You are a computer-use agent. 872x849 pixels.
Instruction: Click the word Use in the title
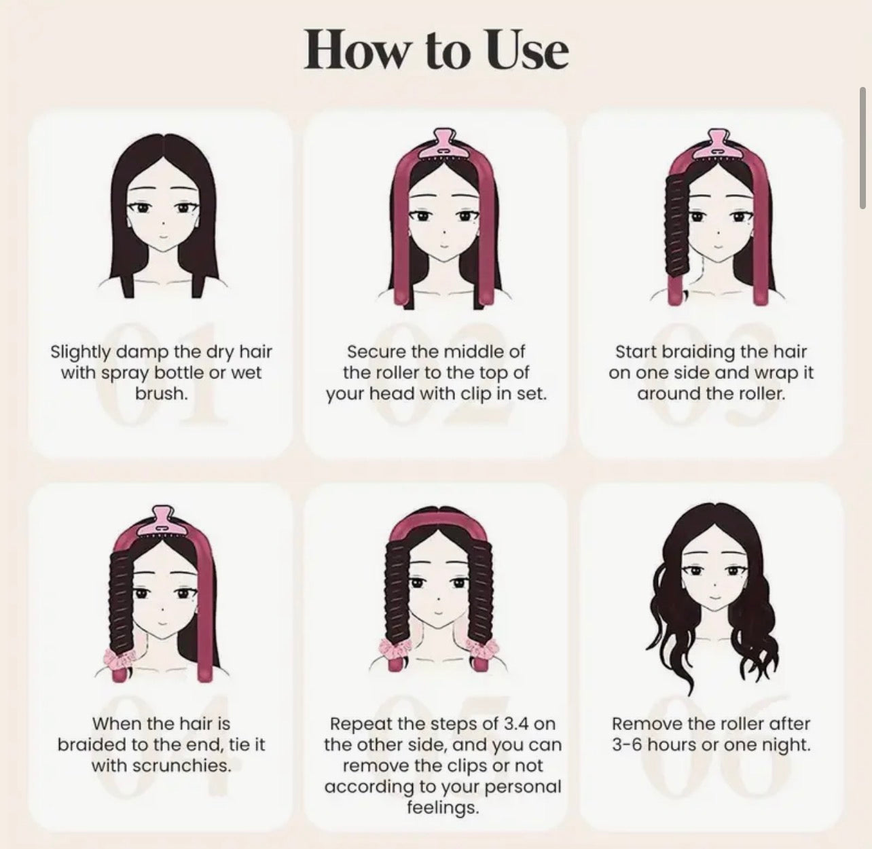point(528,50)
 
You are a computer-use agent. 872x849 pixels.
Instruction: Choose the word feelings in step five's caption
point(442,808)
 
